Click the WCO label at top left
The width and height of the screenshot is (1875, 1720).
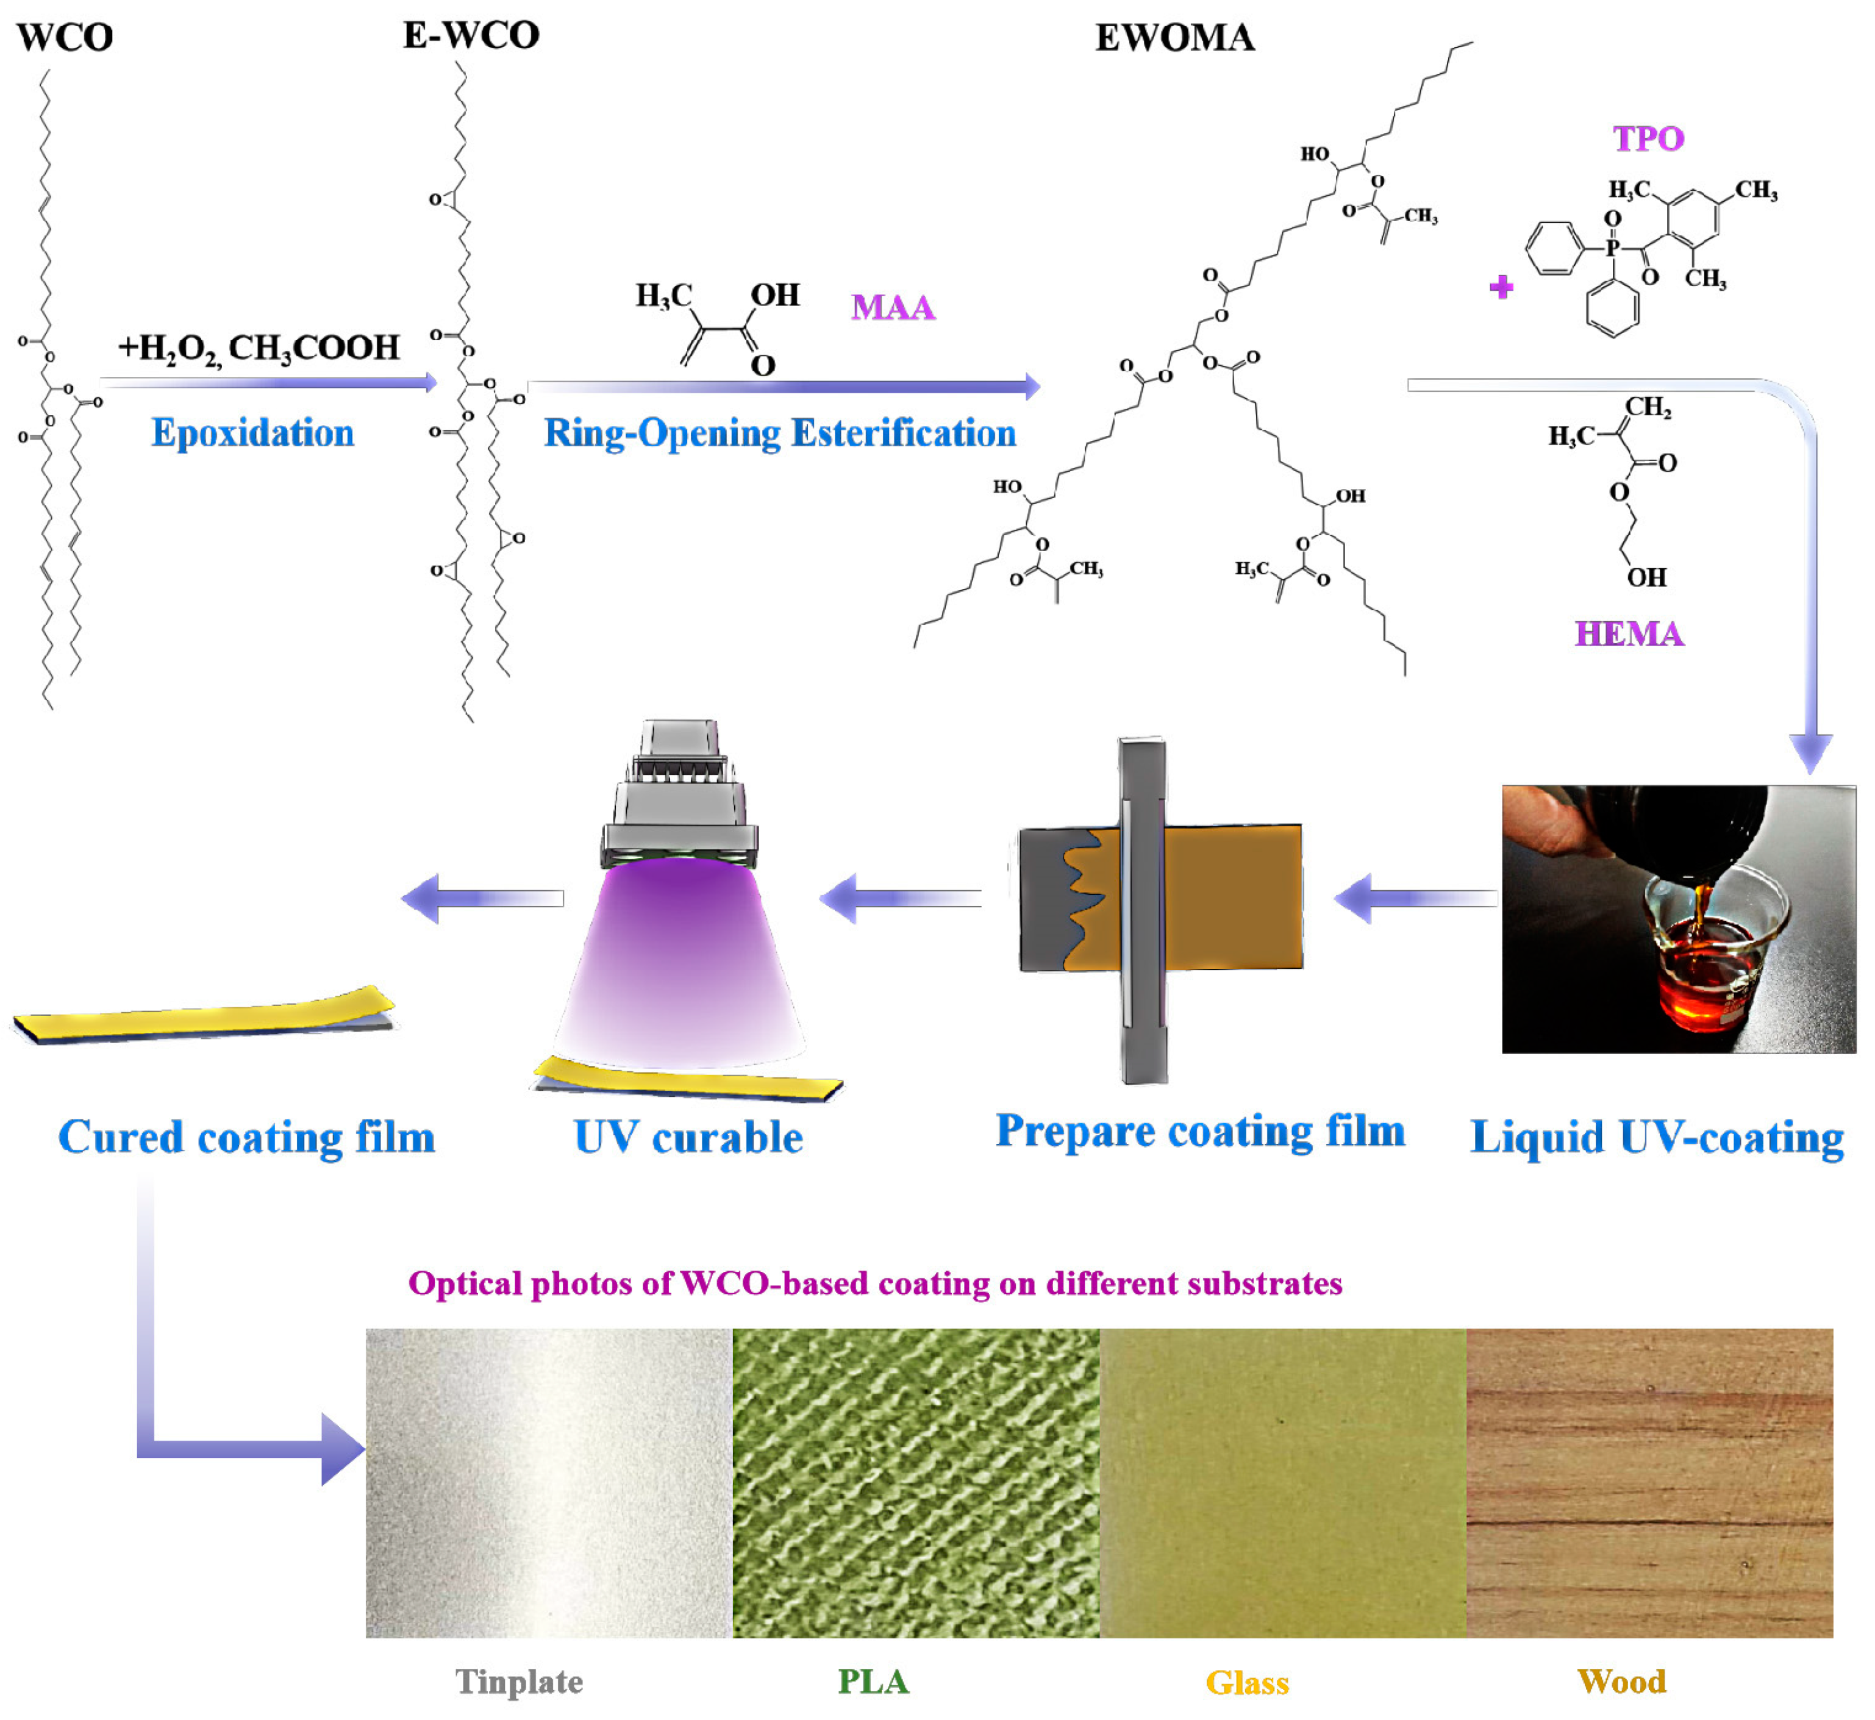coord(65,37)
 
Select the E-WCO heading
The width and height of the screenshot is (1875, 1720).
coord(471,35)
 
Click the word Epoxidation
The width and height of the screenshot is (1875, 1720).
coord(252,434)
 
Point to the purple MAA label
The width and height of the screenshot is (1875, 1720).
coord(892,308)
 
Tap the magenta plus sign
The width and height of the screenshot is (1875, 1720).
coord(1501,287)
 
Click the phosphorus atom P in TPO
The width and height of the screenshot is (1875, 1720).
coord(1612,248)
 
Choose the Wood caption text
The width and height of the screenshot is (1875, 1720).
coord(1622,1682)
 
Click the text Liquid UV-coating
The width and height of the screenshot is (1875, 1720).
coord(1657,1137)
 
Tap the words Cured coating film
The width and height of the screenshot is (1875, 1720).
coord(247,1137)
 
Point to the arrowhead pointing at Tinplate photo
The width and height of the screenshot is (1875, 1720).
coord(343,1449)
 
